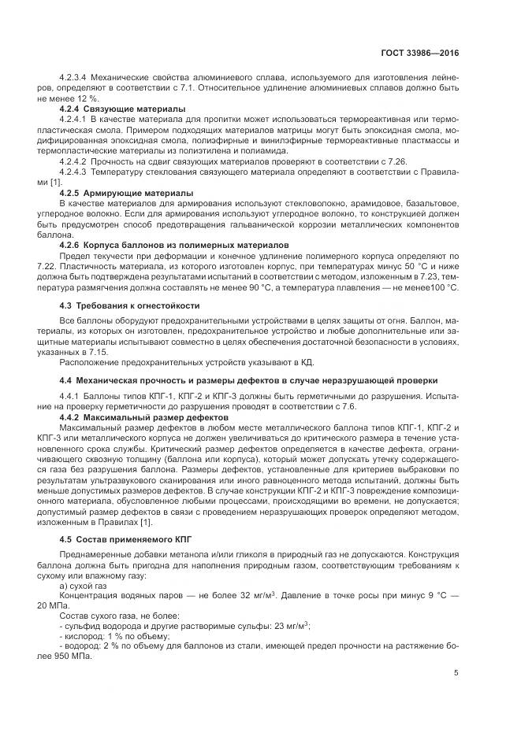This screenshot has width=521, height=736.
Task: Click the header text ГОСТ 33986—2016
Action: click(x=422, y=53)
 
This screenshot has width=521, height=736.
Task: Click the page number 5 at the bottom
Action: click(x=456, y=672)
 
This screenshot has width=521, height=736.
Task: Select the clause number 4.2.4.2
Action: click(x=73, y=161)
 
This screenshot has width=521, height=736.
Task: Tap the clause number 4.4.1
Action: click(x=70, y=394)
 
